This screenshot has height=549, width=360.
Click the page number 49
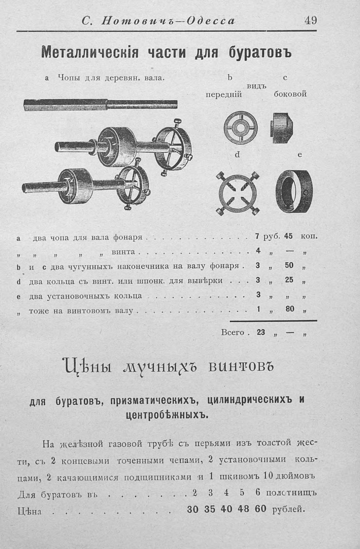(310, 21)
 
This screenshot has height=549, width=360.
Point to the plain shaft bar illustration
(100, 104)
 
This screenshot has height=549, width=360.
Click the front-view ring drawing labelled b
(241, 127)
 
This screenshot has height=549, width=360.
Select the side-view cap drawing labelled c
(282, 128)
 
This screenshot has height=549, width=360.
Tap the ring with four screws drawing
(238, 193)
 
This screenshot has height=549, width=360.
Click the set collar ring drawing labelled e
(294, 191)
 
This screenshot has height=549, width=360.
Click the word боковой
(290, 94)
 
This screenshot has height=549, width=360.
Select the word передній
(224, 95)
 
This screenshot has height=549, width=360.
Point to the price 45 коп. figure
(288, 236)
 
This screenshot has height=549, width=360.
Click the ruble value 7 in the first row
(257, 236)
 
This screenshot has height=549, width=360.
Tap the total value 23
(261, 332)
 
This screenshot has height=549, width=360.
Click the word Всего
(232, 332)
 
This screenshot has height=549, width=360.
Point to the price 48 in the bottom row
(243, 509)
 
